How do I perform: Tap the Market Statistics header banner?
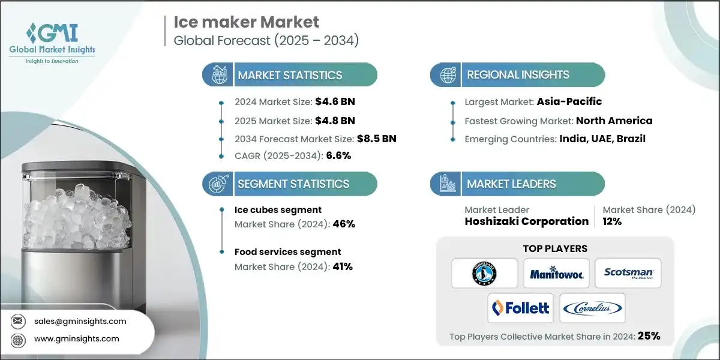pyautogui.click(x=290, y=75)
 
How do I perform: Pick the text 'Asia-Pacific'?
pyautogui.click(x=569, y=101)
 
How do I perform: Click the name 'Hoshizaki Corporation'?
pyautogui.click(x=526, y=221)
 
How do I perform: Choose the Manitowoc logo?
pyautogui.click(x=556, y=274)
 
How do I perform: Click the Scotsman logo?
pyautogui.click(x=628, y=274)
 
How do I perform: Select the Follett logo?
pyautogui.click(x=520, y=308)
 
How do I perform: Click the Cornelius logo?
pyautogui.click(x=592, y=308)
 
